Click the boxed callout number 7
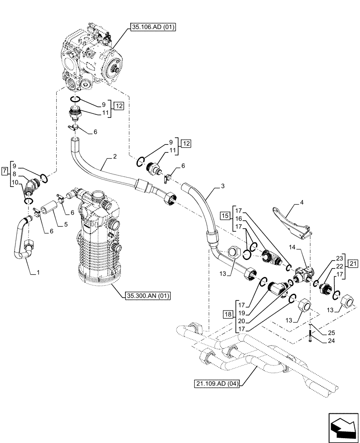[5, 171]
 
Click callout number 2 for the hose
[115, 156]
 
